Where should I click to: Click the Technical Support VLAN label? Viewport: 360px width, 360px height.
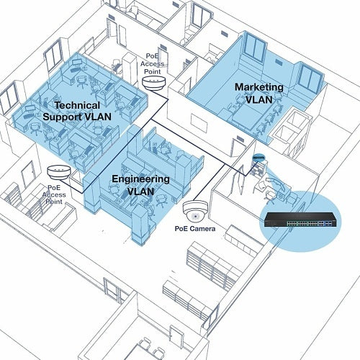pyautogui.click(x=77, y=111)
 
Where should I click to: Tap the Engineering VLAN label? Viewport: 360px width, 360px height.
pyautogui.click(x=140, y=185)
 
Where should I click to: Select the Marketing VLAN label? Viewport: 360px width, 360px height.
pyautogui.click(x=259, y=93)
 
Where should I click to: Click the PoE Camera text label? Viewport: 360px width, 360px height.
pyautogui.click(x=195, y=229)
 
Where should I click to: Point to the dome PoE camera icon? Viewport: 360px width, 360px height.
pyautogui.click(x=195, y=210)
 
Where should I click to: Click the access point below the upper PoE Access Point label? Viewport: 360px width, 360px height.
pyautogui.click(x=153, y=83)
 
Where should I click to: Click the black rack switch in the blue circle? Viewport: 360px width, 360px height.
pyautogui.click(x=302, y=220)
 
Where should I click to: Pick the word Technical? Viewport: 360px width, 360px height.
pyautogui.click(x=77, y=105)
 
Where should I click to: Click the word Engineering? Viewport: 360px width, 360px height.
pyautogui.click(x=140, y=179)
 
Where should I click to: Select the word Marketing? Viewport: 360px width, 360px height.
pyautogui.click(x=259, y=87)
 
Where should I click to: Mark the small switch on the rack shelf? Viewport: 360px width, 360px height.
pyautogui.click(x=258, y=157)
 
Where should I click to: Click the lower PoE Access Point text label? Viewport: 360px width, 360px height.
pyautogui.click(x=54, y=194)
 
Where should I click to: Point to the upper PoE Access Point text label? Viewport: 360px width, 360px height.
pyautogui.click(x=153, y=64)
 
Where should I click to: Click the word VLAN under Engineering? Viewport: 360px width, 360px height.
pyautogui.click(x=140, y=192)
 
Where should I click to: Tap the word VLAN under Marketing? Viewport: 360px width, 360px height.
pyautogui.click(x=259, y=99)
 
